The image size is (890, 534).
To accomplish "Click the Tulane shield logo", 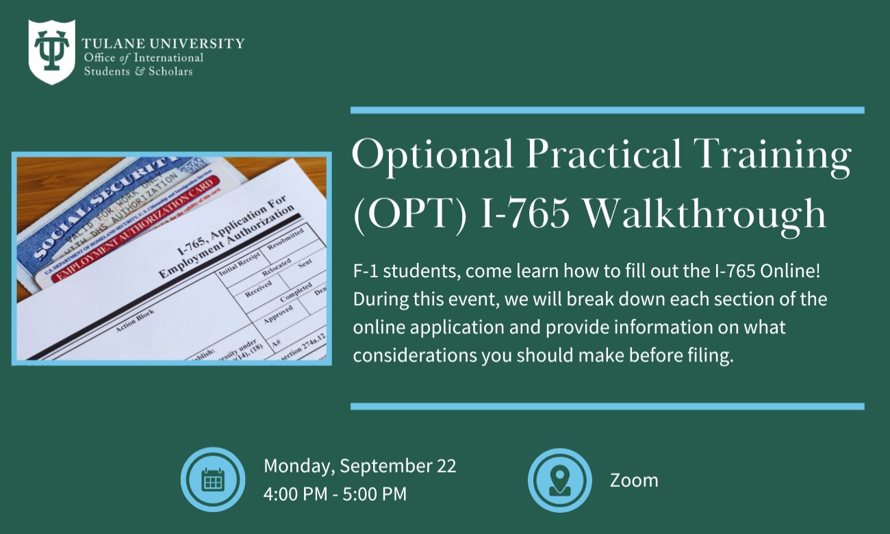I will coord(51,52).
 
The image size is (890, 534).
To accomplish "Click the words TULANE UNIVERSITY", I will coord(162,44).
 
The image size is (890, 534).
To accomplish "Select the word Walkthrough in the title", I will coord(706,214).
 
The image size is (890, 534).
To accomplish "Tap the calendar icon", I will coord(213,480).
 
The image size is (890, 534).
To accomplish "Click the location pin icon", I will coord(559,480).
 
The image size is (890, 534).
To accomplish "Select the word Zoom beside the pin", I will coord(634,481).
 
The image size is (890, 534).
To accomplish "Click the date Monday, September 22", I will coord(360,466).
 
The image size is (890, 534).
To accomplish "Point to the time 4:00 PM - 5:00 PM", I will coord(335,494).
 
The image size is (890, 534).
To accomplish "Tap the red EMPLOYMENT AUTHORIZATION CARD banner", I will coord(137,231).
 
